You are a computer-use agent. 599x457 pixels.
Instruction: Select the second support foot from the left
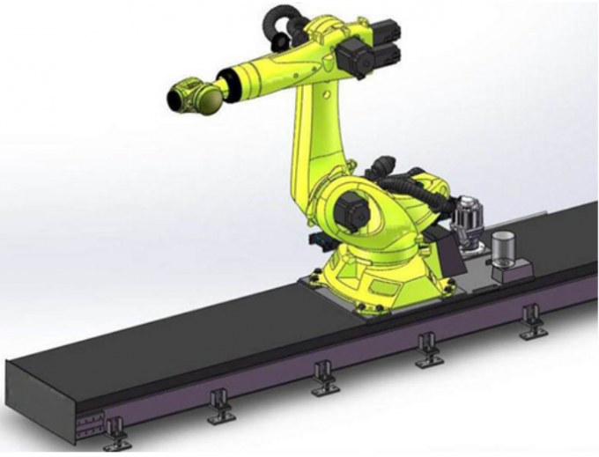(220, 408)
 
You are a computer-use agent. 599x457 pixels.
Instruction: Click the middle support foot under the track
(324, 379)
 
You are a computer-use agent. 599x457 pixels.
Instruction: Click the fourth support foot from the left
(429, 350)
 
